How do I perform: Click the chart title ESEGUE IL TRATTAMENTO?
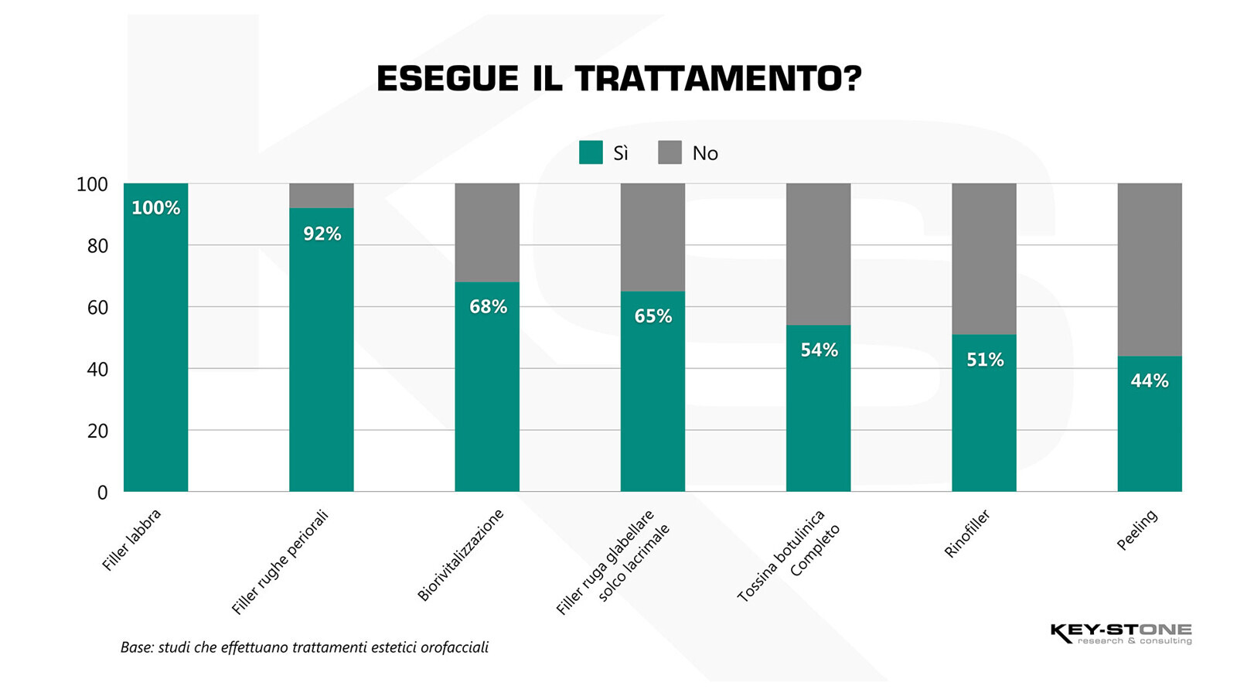(618, 79)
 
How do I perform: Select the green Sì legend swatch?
(591, 152)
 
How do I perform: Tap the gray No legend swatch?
(670, 152)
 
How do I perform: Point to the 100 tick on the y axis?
(92, 185)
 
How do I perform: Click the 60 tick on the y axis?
(97, 308)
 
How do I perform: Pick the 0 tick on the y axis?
(102, 493)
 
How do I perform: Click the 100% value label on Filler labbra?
(155, 208)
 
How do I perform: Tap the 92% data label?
(322, 234)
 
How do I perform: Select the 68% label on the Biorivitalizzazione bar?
(488, 307)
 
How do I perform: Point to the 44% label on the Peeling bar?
(1150, 380)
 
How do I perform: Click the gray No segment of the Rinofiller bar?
(983, 258)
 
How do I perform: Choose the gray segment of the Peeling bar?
(1150, 269)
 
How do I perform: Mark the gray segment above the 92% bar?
(322, 196)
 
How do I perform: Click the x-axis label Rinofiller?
(966, 534)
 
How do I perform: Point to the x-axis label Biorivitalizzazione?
(460, 554)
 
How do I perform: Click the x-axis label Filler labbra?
(131, 540)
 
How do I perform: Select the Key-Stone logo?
(1120, 633)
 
